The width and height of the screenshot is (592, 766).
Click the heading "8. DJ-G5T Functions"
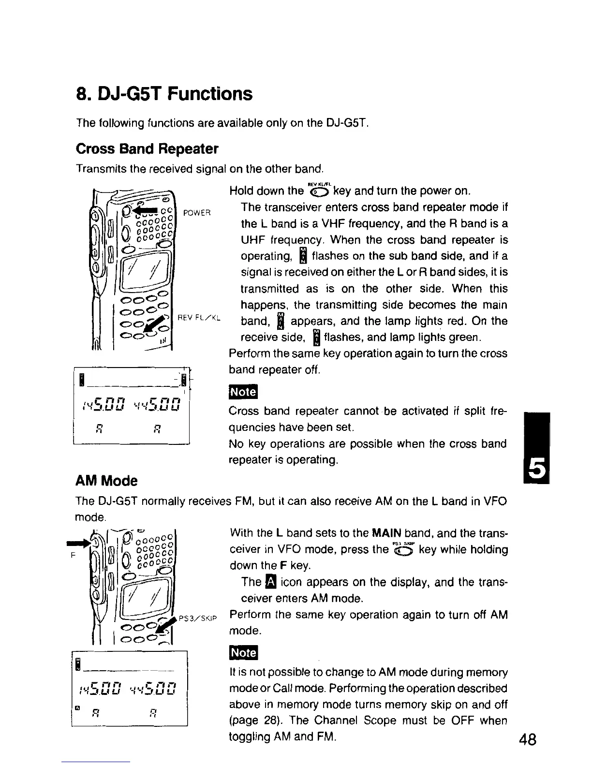(164, 94)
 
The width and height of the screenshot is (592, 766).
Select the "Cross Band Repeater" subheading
(147, 148)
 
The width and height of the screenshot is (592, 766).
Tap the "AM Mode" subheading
(106, 481)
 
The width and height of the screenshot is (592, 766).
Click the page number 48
(527, 739)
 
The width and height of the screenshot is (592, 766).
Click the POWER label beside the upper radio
(197, 213)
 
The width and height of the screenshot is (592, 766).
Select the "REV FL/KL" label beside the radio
(199, 318)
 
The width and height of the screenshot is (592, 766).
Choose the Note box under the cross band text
(243, 392)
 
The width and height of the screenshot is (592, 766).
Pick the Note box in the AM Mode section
(243, 652)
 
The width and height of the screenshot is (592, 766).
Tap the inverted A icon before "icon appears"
(270, 582)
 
